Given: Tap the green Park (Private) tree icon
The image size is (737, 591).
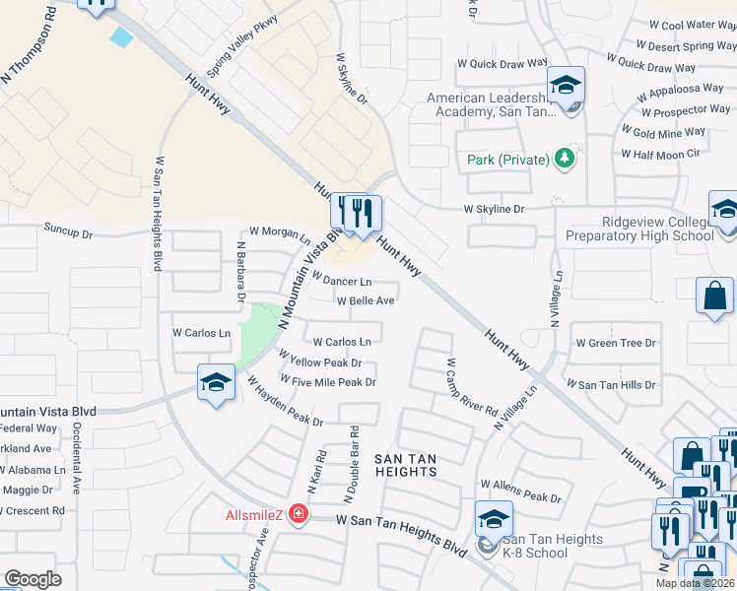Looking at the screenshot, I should [x=564, y=159].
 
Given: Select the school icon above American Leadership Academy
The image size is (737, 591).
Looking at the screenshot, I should [x=567, y=85].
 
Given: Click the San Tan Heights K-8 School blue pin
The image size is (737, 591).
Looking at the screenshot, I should [x=495, y=519].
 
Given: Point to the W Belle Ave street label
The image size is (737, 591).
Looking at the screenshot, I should [x=366, y=301].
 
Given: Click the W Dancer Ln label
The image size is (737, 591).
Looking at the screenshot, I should [x=341, y=281].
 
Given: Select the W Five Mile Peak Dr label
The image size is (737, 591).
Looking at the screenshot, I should [x=328, y=382].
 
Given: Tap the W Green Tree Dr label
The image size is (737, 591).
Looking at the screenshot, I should [x=629, y=343].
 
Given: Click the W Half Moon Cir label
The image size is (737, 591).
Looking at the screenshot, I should [x=660, y=154].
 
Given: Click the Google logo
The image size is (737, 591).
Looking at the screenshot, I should [x=33, y=579].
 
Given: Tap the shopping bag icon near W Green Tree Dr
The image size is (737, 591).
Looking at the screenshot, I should [x=713, y=296].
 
